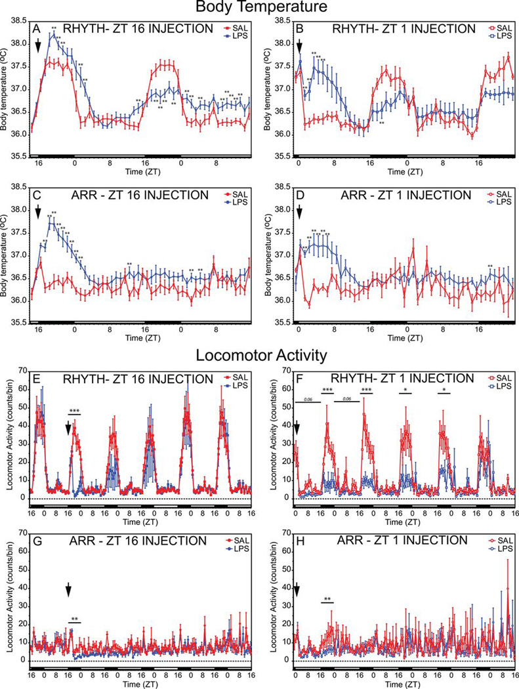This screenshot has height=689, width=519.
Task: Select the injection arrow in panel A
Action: [38, 45]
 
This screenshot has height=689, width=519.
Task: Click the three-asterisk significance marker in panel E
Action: [75, 411]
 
